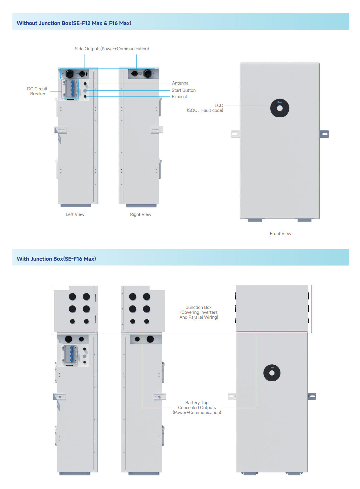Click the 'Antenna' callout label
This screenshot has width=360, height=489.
pos(180,83)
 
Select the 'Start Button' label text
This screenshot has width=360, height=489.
pos(183,90)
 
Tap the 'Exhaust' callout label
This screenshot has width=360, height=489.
pos(179,97)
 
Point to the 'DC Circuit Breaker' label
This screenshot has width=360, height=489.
pos(37,91)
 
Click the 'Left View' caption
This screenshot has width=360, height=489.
pos(75,214)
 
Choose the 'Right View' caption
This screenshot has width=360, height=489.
pos(141,214)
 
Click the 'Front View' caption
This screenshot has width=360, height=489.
pos(280,234)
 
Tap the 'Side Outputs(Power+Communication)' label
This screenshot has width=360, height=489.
pos(112,49)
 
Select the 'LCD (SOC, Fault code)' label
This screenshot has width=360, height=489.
pos(205,108)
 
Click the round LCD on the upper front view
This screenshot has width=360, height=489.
pos(280,108)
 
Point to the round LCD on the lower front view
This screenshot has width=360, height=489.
pos(272,373)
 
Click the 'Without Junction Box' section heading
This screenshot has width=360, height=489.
pos(74,23)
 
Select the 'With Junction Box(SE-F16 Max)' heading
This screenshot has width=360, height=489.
pos(56,259)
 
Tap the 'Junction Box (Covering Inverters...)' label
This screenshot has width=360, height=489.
pos(199,312)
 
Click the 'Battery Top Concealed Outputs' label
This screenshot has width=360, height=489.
pos(197,408)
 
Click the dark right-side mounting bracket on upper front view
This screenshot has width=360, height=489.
pos(324,134)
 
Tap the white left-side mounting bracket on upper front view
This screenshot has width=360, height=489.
pos(235,134)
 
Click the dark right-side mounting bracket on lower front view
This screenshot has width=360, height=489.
pos(312,396)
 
